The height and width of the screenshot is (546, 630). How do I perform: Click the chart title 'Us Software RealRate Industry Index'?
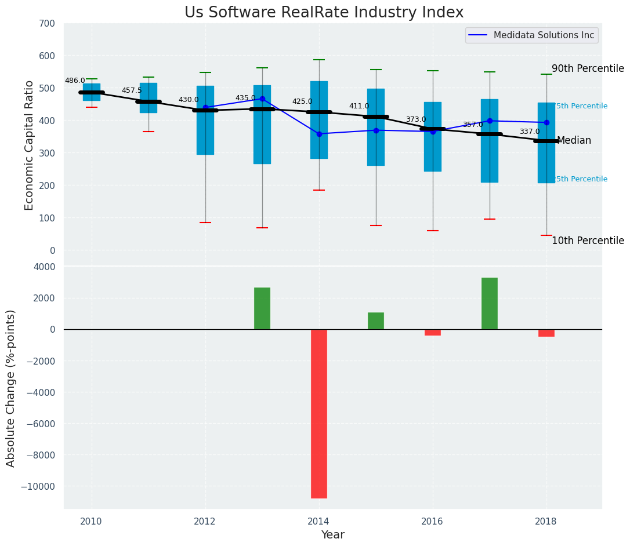(324, 13)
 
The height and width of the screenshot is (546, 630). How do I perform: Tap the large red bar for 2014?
(319, 413)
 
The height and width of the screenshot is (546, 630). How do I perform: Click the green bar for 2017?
(490, 303)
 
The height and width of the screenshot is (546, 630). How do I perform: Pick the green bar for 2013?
(262, 308)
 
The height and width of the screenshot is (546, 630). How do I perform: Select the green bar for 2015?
(376, 321)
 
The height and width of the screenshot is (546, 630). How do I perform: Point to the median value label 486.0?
(75, 81)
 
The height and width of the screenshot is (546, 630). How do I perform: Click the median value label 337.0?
(530, 132)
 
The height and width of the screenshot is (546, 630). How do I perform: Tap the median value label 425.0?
(302, 102)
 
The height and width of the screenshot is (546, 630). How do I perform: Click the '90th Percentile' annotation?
(588, 68)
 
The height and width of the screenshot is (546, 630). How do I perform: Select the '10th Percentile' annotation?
(588, 241)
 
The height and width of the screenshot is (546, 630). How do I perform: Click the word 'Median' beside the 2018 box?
(574, 141)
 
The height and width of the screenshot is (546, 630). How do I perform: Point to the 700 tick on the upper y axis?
(48, 24)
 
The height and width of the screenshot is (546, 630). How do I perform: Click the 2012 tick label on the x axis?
(205, 521)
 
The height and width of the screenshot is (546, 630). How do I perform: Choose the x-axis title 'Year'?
(333, 535)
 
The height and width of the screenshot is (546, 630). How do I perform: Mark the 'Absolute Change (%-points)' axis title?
(11, 388)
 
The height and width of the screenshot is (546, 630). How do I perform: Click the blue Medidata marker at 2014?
(319, 134)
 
